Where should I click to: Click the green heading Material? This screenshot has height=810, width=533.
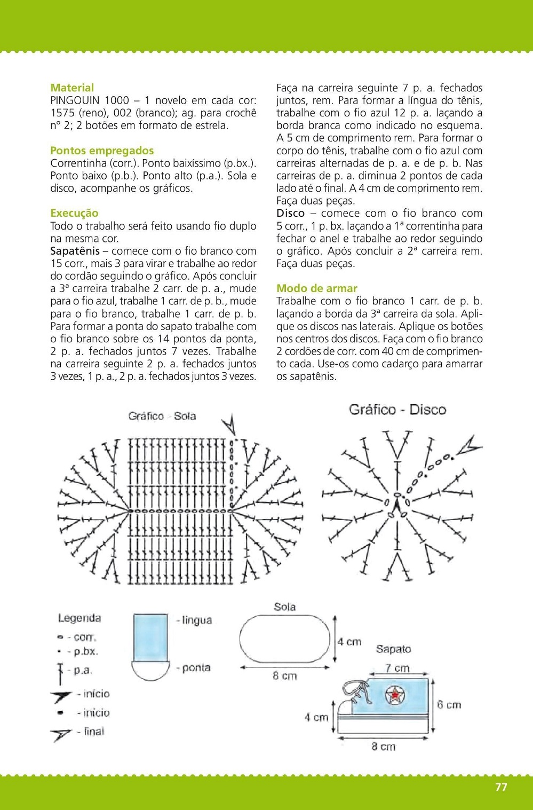pyautogui.click(x=72, y=88)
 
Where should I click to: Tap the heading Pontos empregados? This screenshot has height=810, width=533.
pyautogui.click(x=102, y=151)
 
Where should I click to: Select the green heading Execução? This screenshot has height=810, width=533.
pyautogui.click(x=74, y=213)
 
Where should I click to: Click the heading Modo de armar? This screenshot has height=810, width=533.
pyautogui.click(x=317, y=288)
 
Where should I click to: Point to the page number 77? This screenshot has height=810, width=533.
pyautogui.click(x=501, y=787)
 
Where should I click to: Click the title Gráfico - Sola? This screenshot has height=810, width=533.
pyautogui.click(x=162, y=416)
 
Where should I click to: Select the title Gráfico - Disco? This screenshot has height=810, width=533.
pyautogui.click(x=397, y=410)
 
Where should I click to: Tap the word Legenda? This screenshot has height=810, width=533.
pyautogui.click(x=79, y=618)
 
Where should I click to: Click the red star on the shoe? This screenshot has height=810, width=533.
pyautogui.click(x=395, y=695)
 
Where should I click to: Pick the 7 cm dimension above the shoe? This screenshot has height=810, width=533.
pyautogui.click(x=397, y=668)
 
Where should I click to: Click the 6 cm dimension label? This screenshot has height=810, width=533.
pyautogui.click(x=449, y=705)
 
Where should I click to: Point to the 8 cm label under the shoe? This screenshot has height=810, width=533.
pyautogui.click(x=384, y=746)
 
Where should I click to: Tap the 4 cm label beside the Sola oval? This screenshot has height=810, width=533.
pyautogui.click(x=349, y=642)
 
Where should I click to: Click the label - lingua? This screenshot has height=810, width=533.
pyautogui.click(x=194, y=620)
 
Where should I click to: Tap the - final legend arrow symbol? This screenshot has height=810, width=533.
pyautogui.click(x=61, y=734)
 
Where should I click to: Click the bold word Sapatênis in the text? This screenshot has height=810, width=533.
pyautogui.click(x=75, y=251)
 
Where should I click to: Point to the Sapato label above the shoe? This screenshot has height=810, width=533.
pyautogui.click(x=393, y=649)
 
